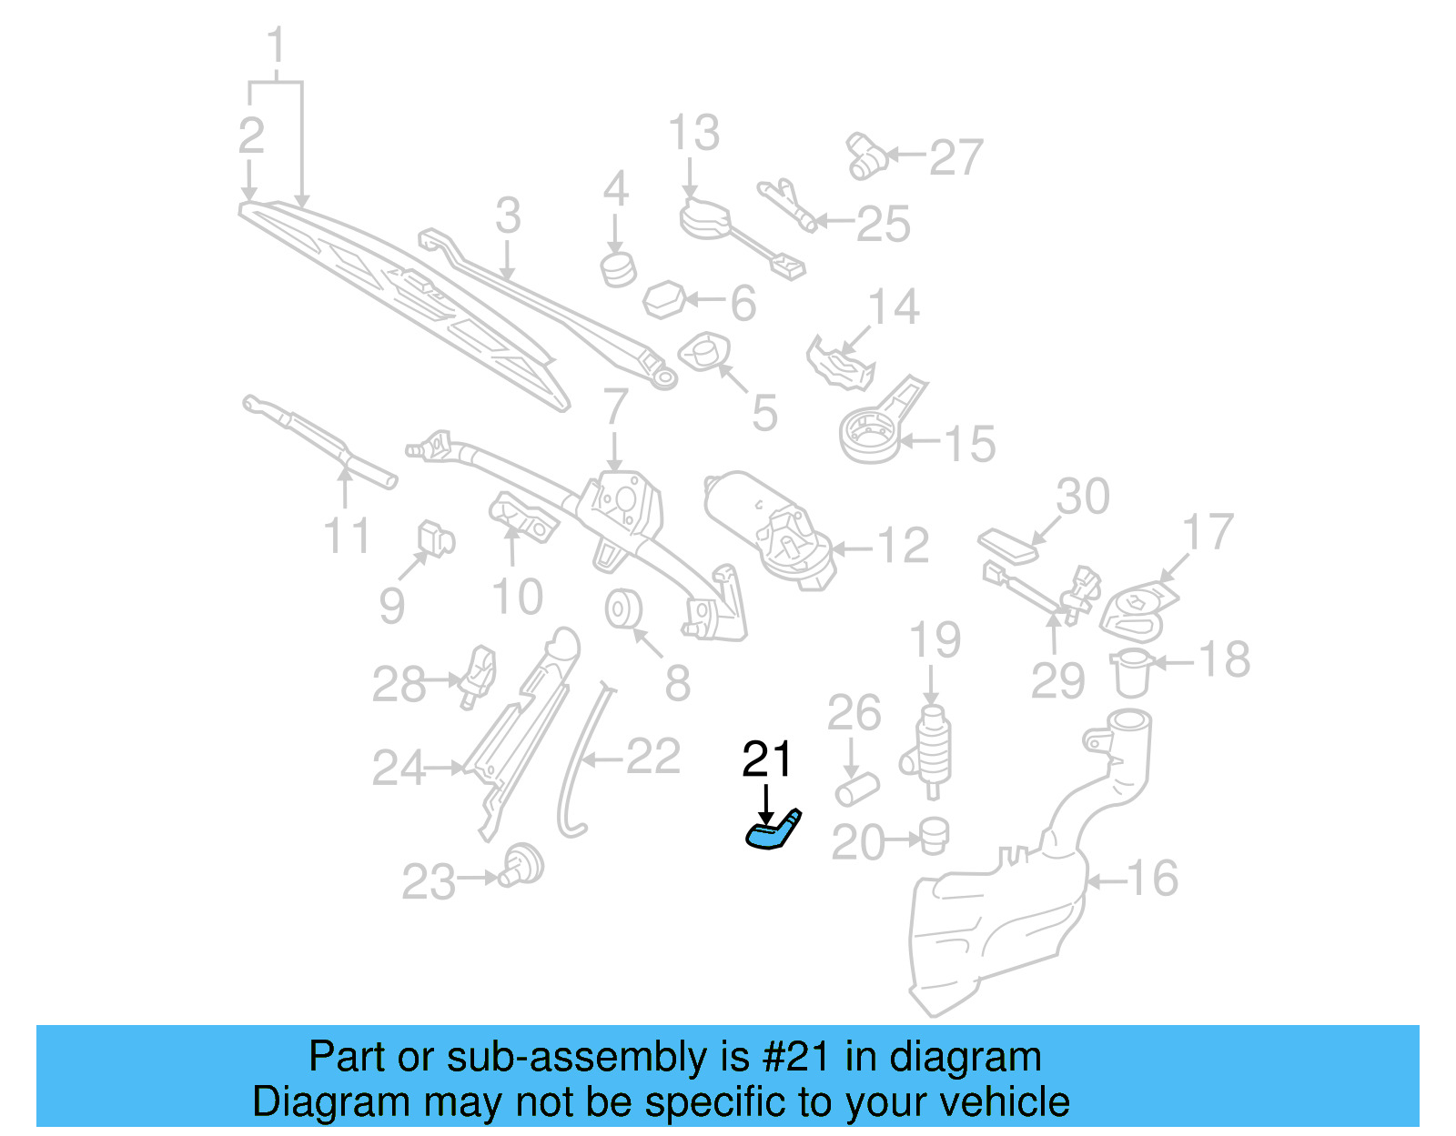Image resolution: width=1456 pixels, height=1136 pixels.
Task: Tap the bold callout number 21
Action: click(767, 759)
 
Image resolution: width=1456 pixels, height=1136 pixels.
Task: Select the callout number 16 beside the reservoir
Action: click(1152, 879)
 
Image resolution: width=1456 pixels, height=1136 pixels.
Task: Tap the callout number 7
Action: click(616, 407)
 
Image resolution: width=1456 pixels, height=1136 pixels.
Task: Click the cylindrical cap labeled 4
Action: click(618, 268)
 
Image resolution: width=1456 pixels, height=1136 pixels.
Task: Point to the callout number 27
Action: click(956, 156)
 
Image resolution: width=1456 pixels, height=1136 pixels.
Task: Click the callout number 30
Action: click(1083, 497)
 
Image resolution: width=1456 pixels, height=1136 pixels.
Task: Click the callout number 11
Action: click(347, 536)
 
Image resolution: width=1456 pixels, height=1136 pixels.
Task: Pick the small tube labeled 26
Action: click(856, 788)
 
